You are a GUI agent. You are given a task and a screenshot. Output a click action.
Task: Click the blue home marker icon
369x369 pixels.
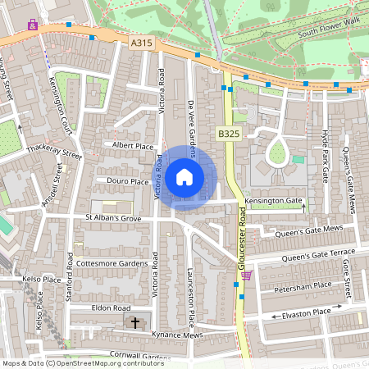(184, 176)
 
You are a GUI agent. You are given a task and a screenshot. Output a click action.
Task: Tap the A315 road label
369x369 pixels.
(142, 39)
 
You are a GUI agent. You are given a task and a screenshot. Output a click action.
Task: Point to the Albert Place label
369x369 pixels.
(133, 145)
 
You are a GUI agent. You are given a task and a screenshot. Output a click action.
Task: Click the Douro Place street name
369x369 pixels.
(127, 180)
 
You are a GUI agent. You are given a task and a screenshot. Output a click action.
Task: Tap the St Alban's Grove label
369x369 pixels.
(113, 218)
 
